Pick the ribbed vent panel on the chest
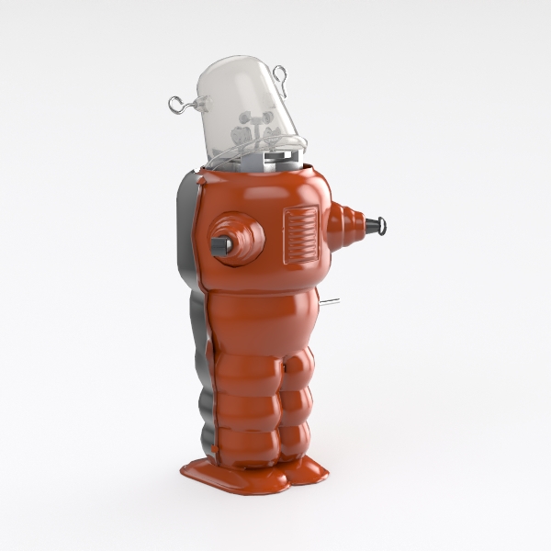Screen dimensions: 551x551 [x=300, y=234]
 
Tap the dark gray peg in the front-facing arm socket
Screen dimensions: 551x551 [x=221, y=245]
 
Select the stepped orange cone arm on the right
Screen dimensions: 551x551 [x=345, y=227]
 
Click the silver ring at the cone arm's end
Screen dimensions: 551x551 [x=382, y=225]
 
